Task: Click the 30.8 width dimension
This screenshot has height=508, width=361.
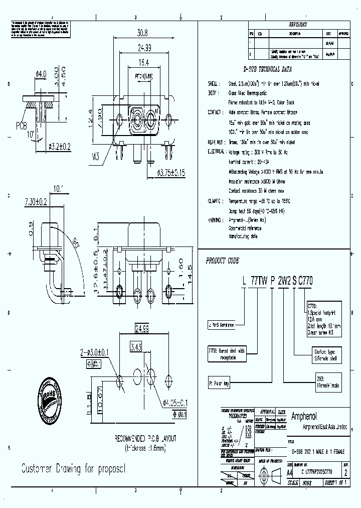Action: click(x=142, y=33)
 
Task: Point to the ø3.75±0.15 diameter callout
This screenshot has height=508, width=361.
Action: click(x=171, y=173)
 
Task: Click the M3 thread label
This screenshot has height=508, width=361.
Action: click(x=96, y=157)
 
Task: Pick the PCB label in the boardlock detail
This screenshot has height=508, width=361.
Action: click(x=23, y=124)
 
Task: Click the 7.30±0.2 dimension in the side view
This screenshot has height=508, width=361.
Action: click(x=36, y=202)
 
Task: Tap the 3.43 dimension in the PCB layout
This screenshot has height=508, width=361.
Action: click(x=136, y=347)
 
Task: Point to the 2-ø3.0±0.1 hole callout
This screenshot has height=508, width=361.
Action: click(x=95, y=353)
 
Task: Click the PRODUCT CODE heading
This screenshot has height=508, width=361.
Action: click(x=223, y=261)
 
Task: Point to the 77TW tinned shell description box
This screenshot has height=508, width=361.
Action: click(x=227, y=353)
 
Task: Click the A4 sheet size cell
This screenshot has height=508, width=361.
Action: click(x=289, y=472)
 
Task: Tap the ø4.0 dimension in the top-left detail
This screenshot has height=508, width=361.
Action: click(x=41, y=74)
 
